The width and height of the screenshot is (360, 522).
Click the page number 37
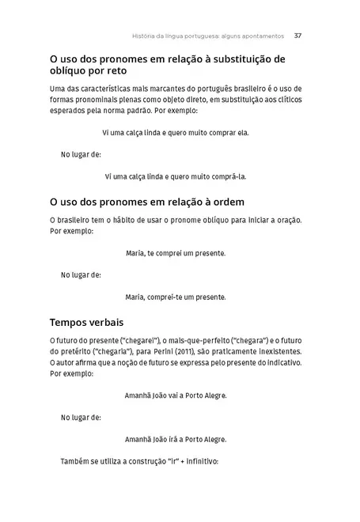[x=297, y=36]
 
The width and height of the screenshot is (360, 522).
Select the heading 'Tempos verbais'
[x=86, y=323]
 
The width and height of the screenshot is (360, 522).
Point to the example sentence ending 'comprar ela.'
[x=176, y=132]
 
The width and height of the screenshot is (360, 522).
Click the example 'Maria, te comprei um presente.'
[x=176, y=253]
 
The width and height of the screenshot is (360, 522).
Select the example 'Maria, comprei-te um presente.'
[x=176, y=297]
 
